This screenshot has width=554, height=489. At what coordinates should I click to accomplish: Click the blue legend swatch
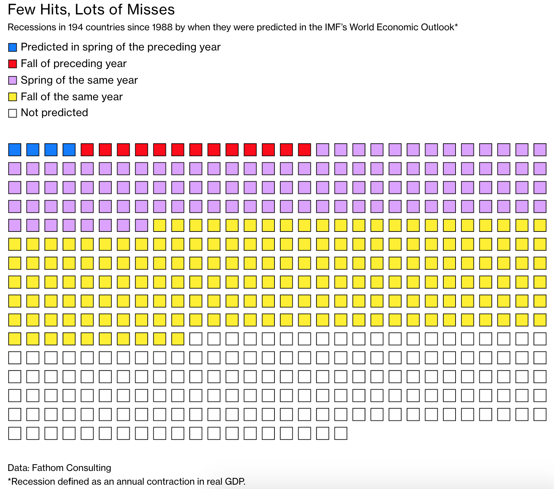tap(13, 47)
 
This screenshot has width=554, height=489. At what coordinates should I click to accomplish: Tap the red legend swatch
tap(13, 64)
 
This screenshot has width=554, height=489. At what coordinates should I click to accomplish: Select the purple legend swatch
tap(13, 80)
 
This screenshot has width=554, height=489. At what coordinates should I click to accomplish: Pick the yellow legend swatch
tap(13, 97)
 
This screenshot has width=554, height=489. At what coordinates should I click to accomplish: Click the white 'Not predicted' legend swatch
tap(13, 113)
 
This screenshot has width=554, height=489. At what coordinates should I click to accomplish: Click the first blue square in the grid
tap(15, 150)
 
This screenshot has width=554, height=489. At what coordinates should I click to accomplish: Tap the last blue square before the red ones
tap(69, 150)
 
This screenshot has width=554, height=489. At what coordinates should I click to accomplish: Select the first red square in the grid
tap(87, 150)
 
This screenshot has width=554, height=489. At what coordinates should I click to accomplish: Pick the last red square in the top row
tap(304, 150)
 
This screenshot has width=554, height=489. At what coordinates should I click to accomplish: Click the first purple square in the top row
tap(323, 150)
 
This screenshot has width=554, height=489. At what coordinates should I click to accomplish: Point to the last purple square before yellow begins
tap(141, 225)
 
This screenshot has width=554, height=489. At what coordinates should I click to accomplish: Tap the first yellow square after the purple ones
tap(159, 225)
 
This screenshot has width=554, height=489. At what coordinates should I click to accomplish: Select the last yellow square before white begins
tap(177, 339)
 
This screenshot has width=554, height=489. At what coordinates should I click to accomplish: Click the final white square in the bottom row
tap(341, 433)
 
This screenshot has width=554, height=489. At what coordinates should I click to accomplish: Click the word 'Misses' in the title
tap(151, 10)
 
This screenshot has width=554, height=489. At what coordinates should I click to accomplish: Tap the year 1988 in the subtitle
tap(162, 27)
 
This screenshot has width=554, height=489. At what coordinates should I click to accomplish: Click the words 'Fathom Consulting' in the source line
tap(71, 468)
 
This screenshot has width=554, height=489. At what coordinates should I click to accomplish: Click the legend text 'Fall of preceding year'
tap(74, 64)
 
